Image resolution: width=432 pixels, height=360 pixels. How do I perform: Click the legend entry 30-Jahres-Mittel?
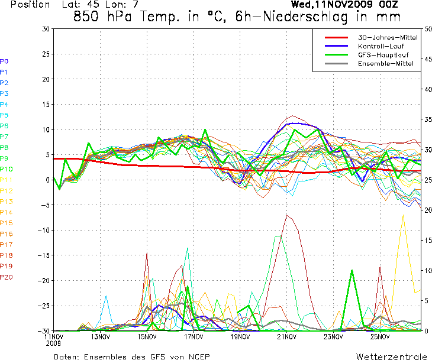(388, 37)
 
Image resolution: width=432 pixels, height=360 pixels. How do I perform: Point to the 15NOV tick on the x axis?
(147, 337)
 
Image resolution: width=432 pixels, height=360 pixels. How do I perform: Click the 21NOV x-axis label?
(286, 337)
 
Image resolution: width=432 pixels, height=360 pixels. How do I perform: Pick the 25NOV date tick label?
(380, 337)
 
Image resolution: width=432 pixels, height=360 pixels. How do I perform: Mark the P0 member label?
(4, 61)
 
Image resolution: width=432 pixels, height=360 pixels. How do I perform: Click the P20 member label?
(7, 277)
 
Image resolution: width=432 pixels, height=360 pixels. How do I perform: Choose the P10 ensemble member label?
(7, 169)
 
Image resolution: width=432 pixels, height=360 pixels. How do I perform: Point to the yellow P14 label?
(7, 212)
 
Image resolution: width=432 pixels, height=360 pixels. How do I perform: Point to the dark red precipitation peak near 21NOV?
(288, 215)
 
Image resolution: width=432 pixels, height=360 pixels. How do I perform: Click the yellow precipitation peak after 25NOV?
(404, 216)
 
